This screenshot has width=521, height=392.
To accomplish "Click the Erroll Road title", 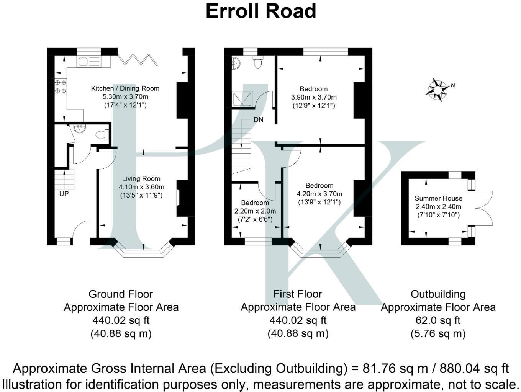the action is pos(260,11).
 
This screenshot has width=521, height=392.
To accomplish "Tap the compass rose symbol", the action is pos(437,90).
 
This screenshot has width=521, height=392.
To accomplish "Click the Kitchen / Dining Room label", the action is pos(125,88).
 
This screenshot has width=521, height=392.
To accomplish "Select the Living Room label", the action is pos(141,179).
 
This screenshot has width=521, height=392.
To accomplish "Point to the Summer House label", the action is pos(438,198).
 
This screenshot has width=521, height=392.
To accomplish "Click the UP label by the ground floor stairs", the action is pos(64,194).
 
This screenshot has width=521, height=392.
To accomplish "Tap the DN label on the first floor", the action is pos(258,119).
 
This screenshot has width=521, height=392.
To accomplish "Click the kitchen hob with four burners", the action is pos(60,87).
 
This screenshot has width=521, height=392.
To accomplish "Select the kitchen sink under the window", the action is pos(88,62).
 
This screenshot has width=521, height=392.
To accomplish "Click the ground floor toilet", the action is pos(102,135).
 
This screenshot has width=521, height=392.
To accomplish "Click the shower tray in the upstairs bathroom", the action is pos(242,99).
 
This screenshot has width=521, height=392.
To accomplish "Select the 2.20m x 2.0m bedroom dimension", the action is pos(255,211).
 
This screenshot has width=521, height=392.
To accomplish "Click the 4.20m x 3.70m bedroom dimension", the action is pos(319,194).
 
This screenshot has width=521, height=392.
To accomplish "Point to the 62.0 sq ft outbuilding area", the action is pos(438,320).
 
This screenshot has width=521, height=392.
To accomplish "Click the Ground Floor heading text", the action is pos(121,294).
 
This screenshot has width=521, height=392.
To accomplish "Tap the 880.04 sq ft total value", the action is pos(474,368).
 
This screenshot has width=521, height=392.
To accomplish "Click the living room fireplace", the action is pos(178,198).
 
